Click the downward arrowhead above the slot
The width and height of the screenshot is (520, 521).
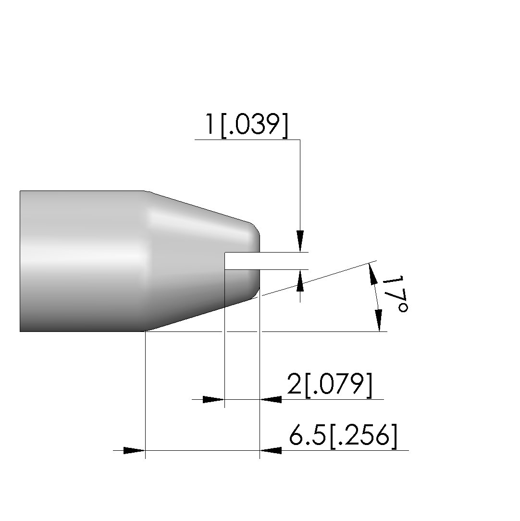click(300, 241)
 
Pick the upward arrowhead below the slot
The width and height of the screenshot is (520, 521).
click(300, 280)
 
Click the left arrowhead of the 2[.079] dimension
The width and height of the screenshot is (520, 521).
click(214, 399)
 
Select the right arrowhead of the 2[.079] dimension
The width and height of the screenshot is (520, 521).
click(271, 399)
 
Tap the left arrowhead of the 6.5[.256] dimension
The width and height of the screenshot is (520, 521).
click(135, 451)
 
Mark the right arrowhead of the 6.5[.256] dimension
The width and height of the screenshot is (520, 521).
click(271, 451)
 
